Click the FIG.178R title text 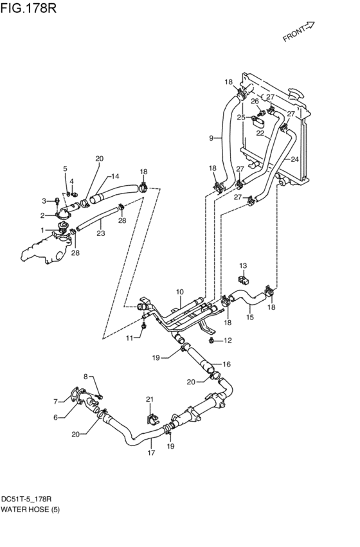tap(28, 8)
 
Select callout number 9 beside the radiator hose tap(211, 138)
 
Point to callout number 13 tap(243, 266)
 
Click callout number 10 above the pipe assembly tap(179, 292)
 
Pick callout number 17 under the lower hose tap(151, 453)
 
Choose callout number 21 tap(150, 399)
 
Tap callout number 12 tap(228, 340)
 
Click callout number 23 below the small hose tap(101, 233)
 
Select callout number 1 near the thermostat tap(42, 230)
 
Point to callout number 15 tap(250, 318)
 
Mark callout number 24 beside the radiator tap(295, 159)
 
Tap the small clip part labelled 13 tap(243, 280)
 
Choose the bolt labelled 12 tap(211, 340)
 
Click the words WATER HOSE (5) tap(30, 510)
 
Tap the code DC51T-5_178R tap(26, 499)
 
